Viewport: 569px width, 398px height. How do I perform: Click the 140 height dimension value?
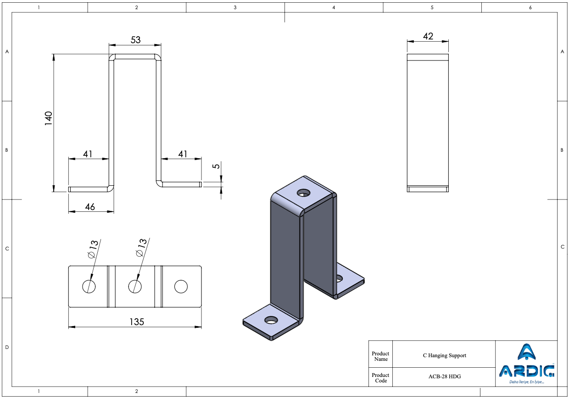[48, 118]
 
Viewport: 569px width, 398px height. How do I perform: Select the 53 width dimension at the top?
[135, 40]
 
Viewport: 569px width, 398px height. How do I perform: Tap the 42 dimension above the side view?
[428, 36]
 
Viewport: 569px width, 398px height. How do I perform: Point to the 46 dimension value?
[90, 207]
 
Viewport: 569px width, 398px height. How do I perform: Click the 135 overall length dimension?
[137, 322]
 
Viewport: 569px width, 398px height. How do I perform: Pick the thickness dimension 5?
[216, 166]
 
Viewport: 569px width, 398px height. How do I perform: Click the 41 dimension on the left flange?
[88, 154]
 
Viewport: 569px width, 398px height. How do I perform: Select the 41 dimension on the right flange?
[183, 154]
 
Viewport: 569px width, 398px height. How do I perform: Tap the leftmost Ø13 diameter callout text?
[93, 249]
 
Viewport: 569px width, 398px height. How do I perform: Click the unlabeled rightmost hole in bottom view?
[181, 287]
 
